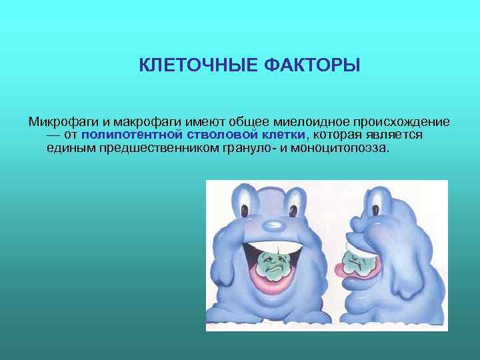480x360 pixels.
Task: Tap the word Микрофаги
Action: (60, 122)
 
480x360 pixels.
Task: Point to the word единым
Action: (64, 147)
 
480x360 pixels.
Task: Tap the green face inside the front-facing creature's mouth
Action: (271, 263)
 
